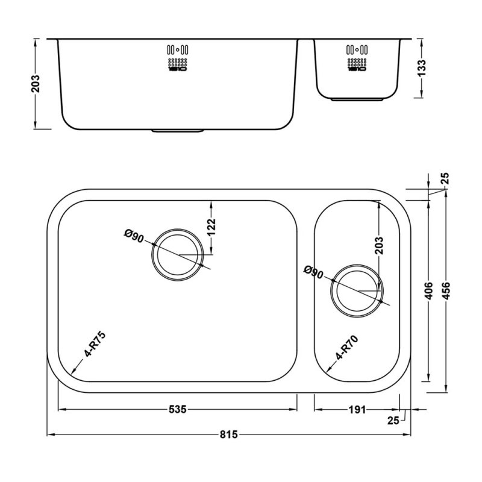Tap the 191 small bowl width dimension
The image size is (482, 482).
pyautogui.click(x=357, y=410)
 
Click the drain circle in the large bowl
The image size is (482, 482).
pyautogui.click(x=177, y=254)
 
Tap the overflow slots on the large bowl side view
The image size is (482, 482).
pyautogui.click(x=178, y=58)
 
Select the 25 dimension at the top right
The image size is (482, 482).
pyautogui.click(x=445, y=179)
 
